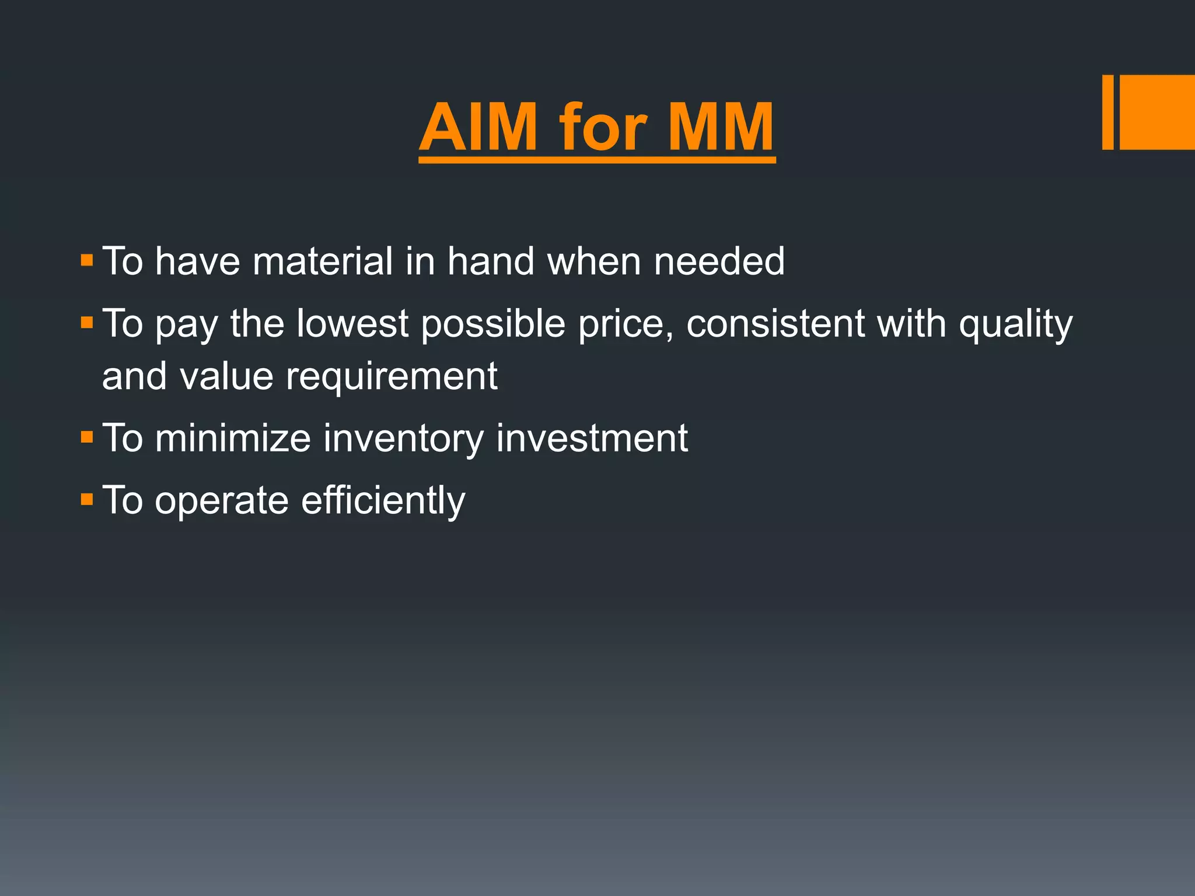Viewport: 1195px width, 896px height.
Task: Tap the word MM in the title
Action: click(721, 127)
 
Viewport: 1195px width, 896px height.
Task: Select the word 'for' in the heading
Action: click(603, 127)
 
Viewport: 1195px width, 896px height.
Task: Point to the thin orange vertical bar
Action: click(1107, 112)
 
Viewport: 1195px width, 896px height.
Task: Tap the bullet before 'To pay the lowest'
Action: click(87, 323)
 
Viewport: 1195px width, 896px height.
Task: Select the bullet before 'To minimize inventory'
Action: click(87, 437)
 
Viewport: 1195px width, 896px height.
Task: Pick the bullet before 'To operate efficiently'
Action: click(87, 499)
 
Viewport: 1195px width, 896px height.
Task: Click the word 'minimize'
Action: click(233, 438)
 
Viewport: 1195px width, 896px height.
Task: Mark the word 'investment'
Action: click(592, 438)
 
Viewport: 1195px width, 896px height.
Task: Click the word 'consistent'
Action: click(775, 324)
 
